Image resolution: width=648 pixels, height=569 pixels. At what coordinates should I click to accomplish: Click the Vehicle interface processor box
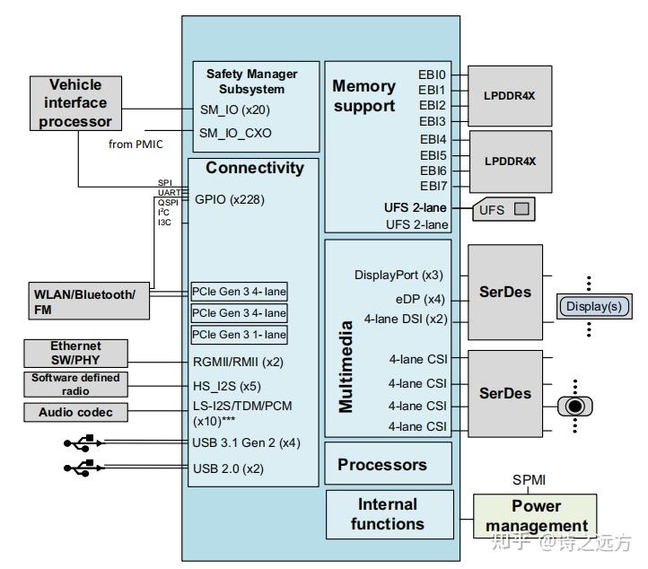(x=75, y=103)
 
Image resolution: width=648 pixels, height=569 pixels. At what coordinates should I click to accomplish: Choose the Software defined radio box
(x=75, y=384)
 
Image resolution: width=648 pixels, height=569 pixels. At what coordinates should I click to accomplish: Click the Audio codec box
(x=75, y=413)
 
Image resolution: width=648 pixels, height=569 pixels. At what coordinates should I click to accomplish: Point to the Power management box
(x=536, y=516)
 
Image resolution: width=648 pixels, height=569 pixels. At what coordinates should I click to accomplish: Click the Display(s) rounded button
(x=592, y=306)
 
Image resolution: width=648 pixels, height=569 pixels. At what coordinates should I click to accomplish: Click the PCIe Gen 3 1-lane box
(x=239, y=335)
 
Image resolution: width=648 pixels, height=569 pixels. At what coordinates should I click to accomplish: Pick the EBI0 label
(x=432, y=75)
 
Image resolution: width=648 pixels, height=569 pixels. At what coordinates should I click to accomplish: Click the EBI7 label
(x=432, y=187)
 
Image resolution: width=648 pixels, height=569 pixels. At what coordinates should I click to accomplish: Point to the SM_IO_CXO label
(x=235, y=133)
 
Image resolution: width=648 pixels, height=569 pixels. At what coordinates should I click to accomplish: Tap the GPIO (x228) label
(x=230, y=199)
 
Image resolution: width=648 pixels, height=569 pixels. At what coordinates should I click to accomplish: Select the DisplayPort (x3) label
(x=398, y=276)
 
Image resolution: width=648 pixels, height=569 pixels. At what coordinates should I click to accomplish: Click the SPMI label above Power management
(x=529, y=479)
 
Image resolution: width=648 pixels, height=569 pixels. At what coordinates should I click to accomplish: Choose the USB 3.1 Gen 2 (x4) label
(x=246, y=442)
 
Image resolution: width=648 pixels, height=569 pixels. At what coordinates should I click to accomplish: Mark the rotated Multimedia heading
(x=346, y=366)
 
